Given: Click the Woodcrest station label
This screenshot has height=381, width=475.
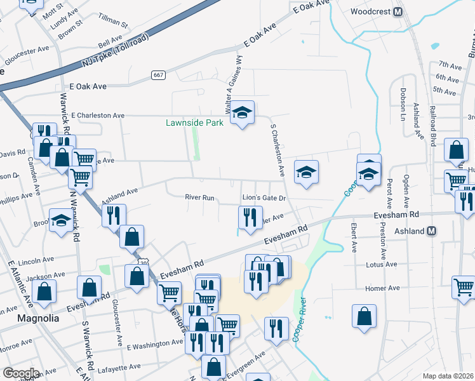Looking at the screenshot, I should (x=371, y=12).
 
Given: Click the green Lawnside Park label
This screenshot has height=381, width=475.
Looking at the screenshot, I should (x=194, y=123).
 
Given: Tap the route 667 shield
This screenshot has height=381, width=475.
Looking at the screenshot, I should (x=159, y=75).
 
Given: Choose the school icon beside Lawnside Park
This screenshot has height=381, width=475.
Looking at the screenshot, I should (x=242, y=113).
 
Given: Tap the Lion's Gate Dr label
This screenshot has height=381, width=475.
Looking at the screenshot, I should (x=264, y=199).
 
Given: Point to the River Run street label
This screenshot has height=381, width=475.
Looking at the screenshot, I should (x=199, y=197).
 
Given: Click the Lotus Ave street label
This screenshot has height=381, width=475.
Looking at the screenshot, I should (x=382, y=264).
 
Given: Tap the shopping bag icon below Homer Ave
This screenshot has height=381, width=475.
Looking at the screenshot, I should (x=365, y=316).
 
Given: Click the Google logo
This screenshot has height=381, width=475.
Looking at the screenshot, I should (x=21, y=373).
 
